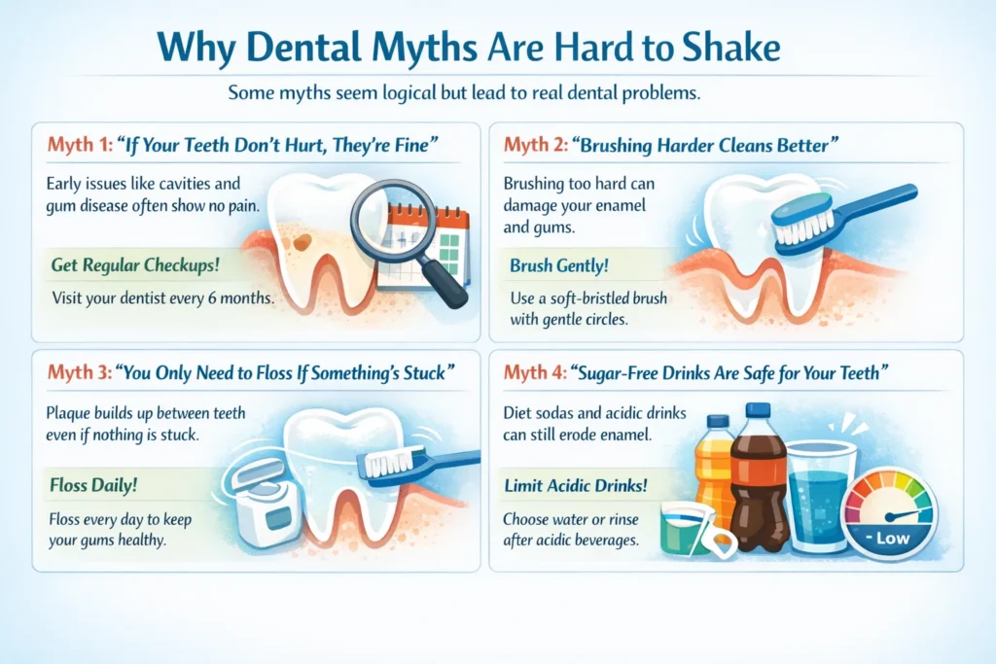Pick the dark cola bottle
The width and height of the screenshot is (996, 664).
click(759, 476)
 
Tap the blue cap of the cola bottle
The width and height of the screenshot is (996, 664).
click(760, 409)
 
